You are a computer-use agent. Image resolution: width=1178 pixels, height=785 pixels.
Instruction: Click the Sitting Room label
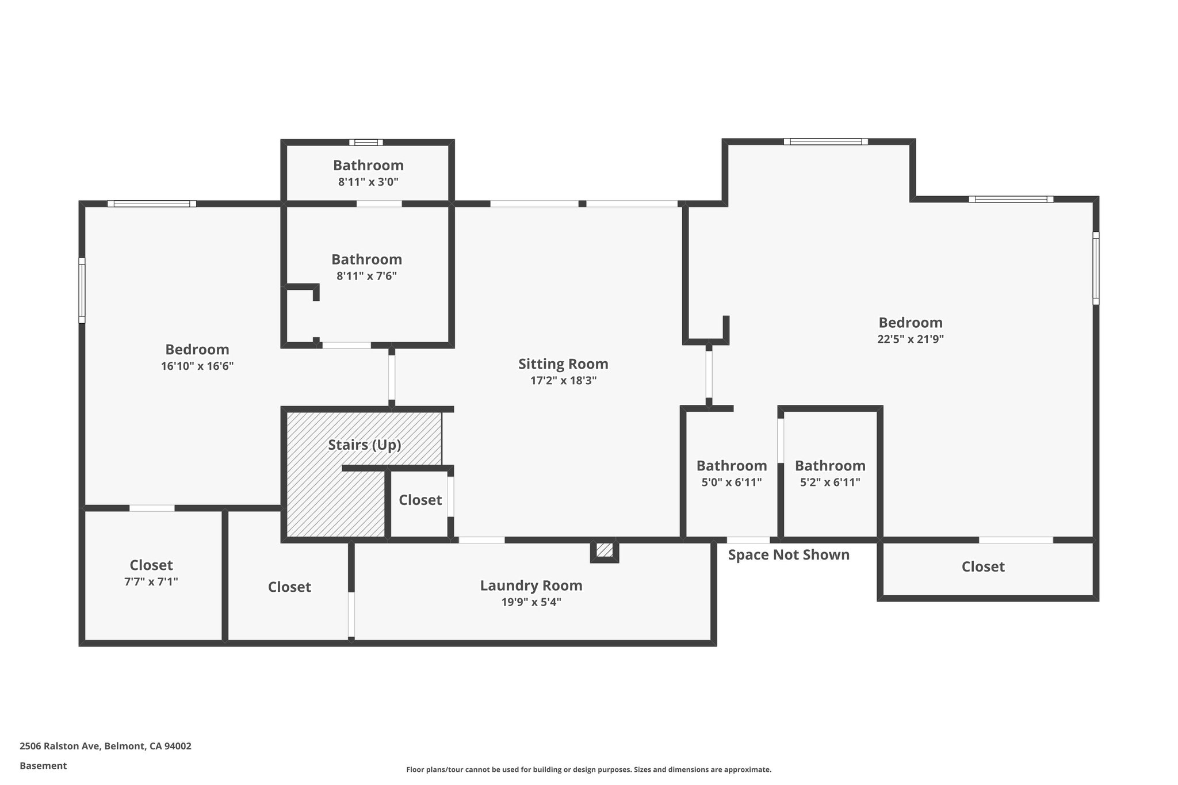pos(563,364)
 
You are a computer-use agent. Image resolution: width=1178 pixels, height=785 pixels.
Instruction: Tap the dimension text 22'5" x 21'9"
pos(910,339)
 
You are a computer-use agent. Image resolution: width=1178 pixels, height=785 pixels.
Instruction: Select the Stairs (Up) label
pos(364,445)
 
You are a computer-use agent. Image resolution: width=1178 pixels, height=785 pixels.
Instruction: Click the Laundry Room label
pos(531,585)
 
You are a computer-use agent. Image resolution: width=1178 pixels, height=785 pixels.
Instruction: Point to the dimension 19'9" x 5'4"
pos(531,602)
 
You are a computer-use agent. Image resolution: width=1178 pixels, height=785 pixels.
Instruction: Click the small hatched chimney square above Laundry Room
pos(604,550)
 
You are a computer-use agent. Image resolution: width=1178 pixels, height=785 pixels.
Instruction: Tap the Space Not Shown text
pos(789,555)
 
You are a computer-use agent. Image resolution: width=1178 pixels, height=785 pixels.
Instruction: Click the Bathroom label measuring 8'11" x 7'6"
pos(366,259)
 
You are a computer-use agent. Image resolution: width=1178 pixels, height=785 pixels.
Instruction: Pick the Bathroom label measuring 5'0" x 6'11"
pos(731,466)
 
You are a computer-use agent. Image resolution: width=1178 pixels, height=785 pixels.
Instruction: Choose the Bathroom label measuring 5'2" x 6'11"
pos(829,466)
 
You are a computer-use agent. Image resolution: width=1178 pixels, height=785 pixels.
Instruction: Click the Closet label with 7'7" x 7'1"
pos(151,565)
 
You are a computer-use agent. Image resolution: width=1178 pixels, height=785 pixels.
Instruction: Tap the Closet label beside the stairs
pos(420,500)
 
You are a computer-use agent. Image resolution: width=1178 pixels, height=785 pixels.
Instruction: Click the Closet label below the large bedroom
pos(982,567)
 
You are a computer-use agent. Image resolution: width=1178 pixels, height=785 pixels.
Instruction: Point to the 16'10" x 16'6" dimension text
pos(197,366)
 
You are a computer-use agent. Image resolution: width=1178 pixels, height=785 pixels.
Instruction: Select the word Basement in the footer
pos(43,765)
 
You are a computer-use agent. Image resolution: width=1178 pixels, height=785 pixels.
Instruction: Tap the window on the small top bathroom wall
pos(366,143)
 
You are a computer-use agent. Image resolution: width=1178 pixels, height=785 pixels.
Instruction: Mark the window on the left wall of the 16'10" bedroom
pos(82,290)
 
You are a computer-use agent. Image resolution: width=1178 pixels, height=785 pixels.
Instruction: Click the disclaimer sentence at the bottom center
pos(588,769)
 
